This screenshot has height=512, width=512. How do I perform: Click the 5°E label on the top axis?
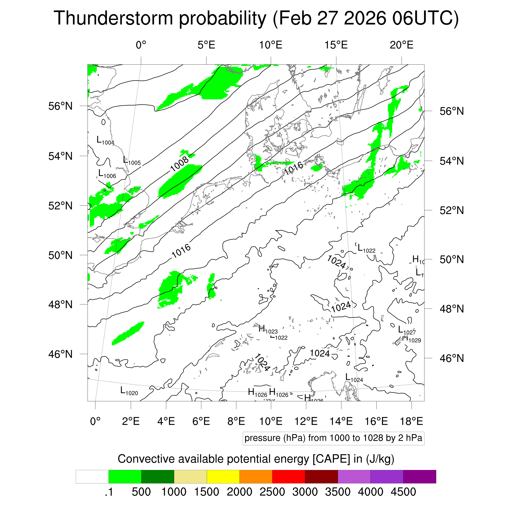(206, 45)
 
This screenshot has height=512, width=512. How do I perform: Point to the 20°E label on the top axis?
(401, 45)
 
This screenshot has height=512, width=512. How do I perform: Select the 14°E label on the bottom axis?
(341, 421)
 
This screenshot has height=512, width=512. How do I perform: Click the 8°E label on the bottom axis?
(236, 421)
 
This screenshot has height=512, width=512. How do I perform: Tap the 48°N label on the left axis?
(60, 305)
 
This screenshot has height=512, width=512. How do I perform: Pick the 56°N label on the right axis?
(452, 111)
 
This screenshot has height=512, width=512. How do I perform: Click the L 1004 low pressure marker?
(105, 140)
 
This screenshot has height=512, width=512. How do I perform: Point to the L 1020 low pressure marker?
(129, 391)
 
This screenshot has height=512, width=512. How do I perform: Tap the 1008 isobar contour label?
(179, 164)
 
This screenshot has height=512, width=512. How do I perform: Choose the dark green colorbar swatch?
(157, 477)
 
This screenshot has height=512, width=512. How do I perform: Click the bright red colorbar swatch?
(288, 477)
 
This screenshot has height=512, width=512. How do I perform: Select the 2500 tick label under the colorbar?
(272, 492)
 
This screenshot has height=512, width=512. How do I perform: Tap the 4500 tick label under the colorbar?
(403, 492)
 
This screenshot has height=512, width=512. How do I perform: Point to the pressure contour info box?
(333, 438)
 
